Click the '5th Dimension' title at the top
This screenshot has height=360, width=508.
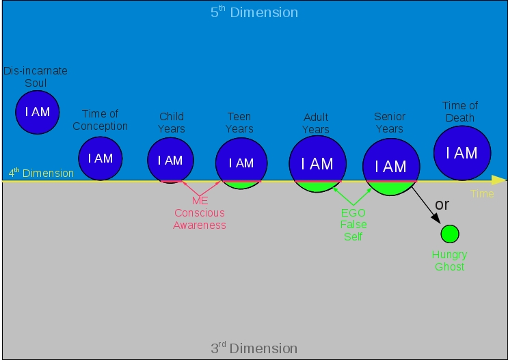254,12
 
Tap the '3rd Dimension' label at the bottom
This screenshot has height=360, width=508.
254,348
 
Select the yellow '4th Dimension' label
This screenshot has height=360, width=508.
41,173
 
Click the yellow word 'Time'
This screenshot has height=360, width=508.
482,194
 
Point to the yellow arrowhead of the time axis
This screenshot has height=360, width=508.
499,180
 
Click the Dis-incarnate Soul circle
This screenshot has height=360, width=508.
38,112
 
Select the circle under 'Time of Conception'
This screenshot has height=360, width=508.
100,158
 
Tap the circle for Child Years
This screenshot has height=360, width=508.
170,161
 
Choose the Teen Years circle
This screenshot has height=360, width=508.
241,163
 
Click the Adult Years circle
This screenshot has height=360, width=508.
317,164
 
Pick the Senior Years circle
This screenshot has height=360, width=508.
390,167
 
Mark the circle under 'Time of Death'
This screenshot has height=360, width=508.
462,153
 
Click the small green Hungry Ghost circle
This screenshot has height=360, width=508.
449,234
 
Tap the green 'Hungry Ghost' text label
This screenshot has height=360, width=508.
449,260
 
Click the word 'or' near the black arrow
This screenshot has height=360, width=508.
442,204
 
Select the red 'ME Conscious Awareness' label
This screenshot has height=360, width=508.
200,212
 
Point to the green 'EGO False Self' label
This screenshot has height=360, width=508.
353,224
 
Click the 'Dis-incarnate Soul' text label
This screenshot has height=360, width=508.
36,77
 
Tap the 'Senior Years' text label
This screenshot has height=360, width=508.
390,123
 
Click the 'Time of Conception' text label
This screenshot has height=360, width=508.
100,120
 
